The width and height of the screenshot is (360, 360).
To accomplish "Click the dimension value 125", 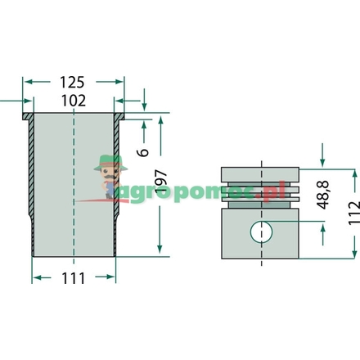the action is point(72,83).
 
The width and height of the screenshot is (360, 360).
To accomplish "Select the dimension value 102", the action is point(74,101).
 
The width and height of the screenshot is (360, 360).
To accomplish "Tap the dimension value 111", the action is point(74,278).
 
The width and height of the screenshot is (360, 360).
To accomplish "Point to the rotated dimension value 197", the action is point(160,181).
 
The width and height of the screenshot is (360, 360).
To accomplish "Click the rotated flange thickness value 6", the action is point(143,152).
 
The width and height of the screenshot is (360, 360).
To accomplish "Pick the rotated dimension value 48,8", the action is point(324,195).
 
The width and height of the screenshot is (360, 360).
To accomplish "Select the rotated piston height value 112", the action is point(354,213).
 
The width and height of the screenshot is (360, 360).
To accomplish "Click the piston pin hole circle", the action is point(261,232).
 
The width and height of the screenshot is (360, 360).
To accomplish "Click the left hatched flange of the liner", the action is point(28,116).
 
